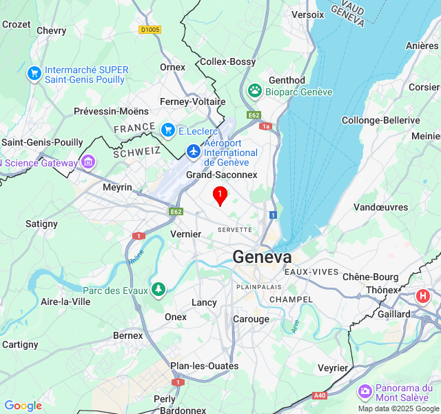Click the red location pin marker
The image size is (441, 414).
click(x=220, y=196)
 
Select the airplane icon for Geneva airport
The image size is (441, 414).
click(x=194, y=150)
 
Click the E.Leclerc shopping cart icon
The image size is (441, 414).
click(x=167, y=130)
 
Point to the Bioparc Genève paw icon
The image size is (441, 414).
click(x=256, y=91)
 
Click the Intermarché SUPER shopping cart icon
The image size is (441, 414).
click(x=34, y=72)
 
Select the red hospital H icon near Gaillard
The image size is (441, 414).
click(x=422, y=297)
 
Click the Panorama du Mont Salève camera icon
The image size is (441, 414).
click(x=365, y=392)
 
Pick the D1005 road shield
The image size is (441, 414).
click(x=150, y=30)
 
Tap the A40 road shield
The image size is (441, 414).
click(x=320, y=395)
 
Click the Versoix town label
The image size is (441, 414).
click(x=307, y=14)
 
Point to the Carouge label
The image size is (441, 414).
click(x=251, y=319)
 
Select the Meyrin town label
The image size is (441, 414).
click(x=117, y=187)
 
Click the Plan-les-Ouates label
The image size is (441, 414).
click(x=205, y=366)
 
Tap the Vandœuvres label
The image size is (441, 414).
click(x=381, y=207)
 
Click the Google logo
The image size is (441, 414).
click(x=23, y=406)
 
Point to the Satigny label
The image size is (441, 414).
click(x=42, y=224)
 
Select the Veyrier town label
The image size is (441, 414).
click(x=333, y=368)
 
